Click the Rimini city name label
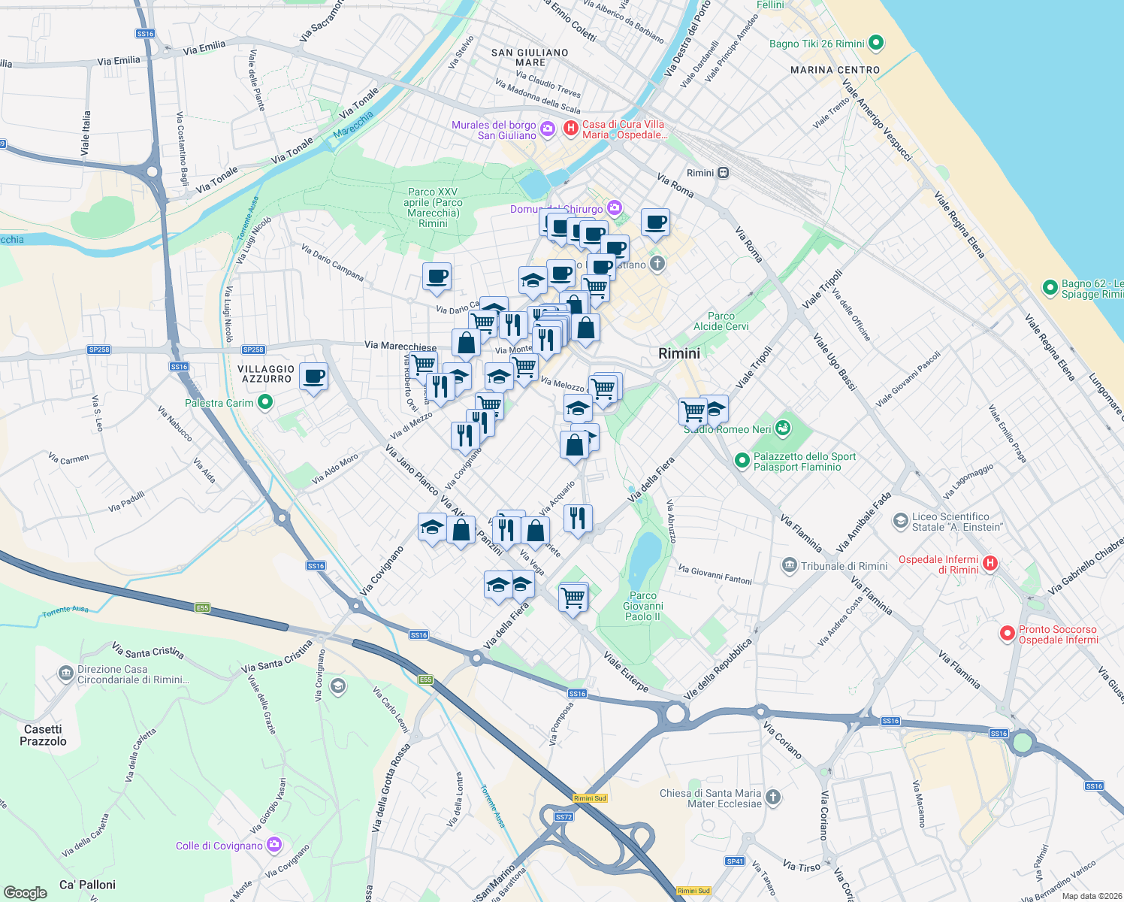(678, 353)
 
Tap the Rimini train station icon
(723, 173)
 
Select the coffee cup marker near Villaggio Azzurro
(313, 376)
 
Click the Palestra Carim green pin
(264, 403)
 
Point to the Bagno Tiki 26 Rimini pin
(875, 44)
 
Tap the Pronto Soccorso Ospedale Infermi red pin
(1007, 634)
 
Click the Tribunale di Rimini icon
(789, 565)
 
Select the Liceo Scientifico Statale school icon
(900, 521)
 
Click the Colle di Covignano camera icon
(274, 846)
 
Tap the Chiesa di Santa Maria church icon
(773, 798)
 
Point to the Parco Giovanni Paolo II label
(642, 606)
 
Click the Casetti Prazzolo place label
(43, 735)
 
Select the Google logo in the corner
(26, 892)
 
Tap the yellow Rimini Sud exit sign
(589, 798)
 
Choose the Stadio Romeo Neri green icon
(782, 428)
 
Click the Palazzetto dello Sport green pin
(742, 459)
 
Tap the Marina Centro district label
(835, 70)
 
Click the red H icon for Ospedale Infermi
(990, 563)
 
